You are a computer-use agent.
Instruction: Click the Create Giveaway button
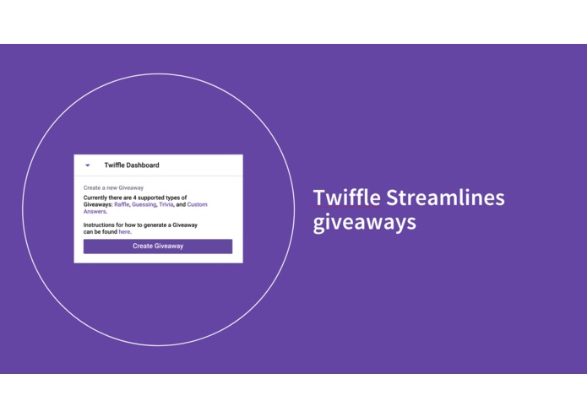coord(158,246)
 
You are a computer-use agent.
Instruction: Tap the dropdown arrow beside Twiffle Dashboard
coord(88,165)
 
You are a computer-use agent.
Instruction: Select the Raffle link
coord(122,204)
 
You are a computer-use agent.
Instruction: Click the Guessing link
coord(144,204)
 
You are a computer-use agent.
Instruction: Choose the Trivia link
coord(166,204)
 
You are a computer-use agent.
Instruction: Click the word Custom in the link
coord(197,204)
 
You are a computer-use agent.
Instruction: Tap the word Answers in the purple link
coord(95,211)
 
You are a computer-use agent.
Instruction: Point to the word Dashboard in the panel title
coord(142,165)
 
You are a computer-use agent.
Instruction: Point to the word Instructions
coord(101,225)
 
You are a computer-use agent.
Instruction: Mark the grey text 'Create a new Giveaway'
coord(113,187)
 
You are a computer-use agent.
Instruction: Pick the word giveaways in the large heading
coord(364,223)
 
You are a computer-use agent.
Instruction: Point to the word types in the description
coord(180,198)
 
